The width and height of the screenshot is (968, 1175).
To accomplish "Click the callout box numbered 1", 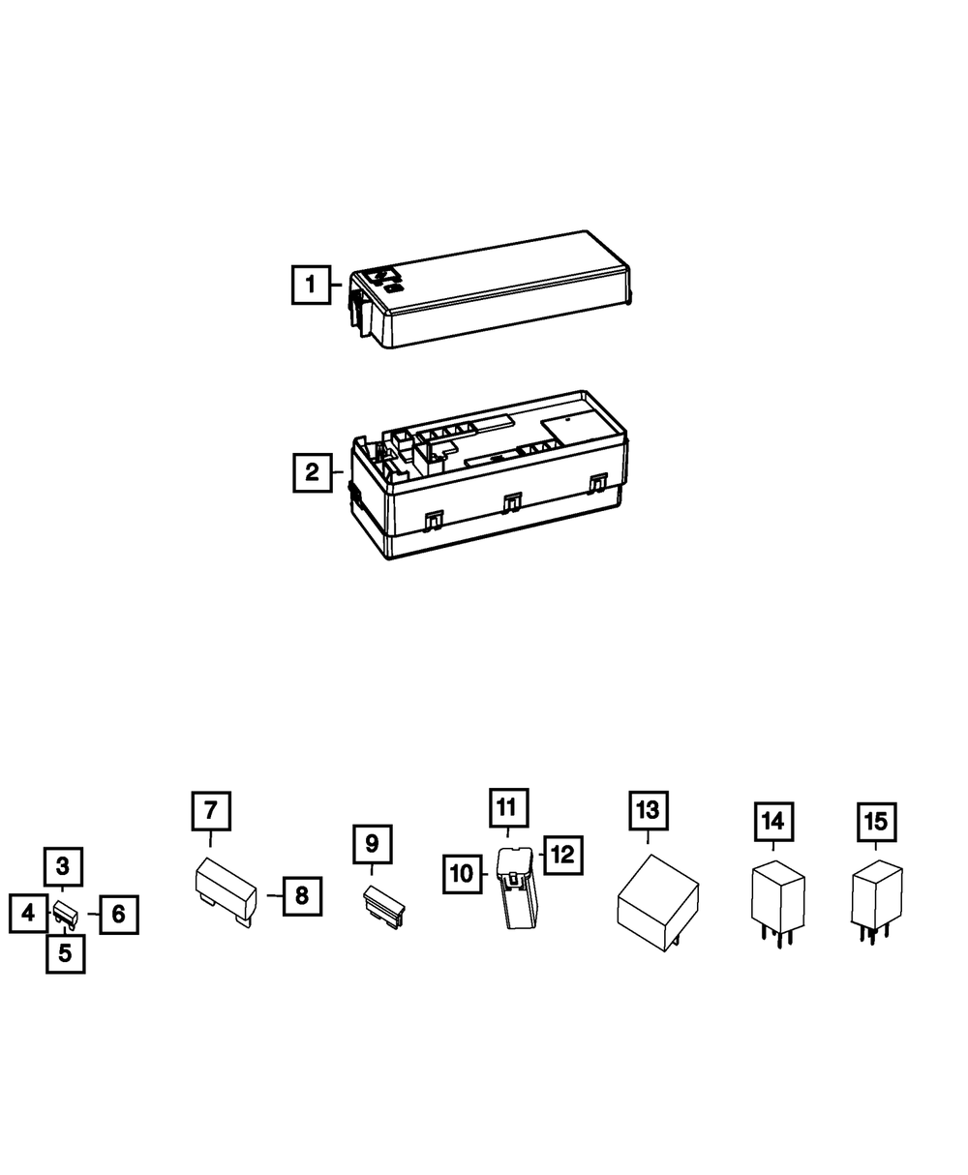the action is tap(311, 285).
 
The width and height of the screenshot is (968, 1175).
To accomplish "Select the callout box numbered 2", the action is tap(313, 472).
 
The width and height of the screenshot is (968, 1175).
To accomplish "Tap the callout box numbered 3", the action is tap(64, 866).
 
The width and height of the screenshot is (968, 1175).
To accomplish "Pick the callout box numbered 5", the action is tap(65, 953).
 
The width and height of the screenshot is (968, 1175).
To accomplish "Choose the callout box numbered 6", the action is tap(119, 915).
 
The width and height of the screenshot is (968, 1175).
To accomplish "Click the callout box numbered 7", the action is tap(211, 811).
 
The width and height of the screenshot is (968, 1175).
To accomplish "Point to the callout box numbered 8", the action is tap(302, 896).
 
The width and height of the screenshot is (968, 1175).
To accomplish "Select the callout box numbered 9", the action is tap(373, 844).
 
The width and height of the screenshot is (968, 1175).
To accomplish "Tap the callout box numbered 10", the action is tap(463, 874).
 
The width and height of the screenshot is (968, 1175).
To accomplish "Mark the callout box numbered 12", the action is tap(562, 856).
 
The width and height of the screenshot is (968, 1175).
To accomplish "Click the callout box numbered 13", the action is tap(649, 810).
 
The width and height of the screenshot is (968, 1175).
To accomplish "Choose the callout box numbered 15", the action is tap(877, 822).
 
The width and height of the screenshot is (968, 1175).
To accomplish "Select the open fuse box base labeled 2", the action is tap(489, 474).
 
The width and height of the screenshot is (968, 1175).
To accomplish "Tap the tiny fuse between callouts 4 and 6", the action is tap(66, 915).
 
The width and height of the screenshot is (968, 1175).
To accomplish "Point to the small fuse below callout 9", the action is tap(384, 907).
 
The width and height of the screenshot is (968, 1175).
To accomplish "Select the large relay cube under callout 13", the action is tap(658, 902).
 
